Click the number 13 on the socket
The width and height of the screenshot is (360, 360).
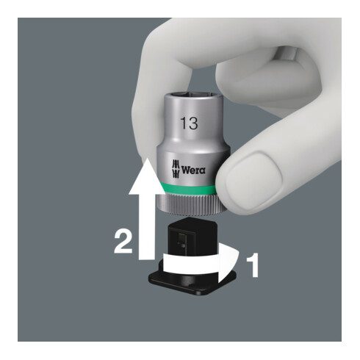[x=190, y=123]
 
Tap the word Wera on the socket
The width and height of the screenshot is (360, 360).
[x=192, y=169]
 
